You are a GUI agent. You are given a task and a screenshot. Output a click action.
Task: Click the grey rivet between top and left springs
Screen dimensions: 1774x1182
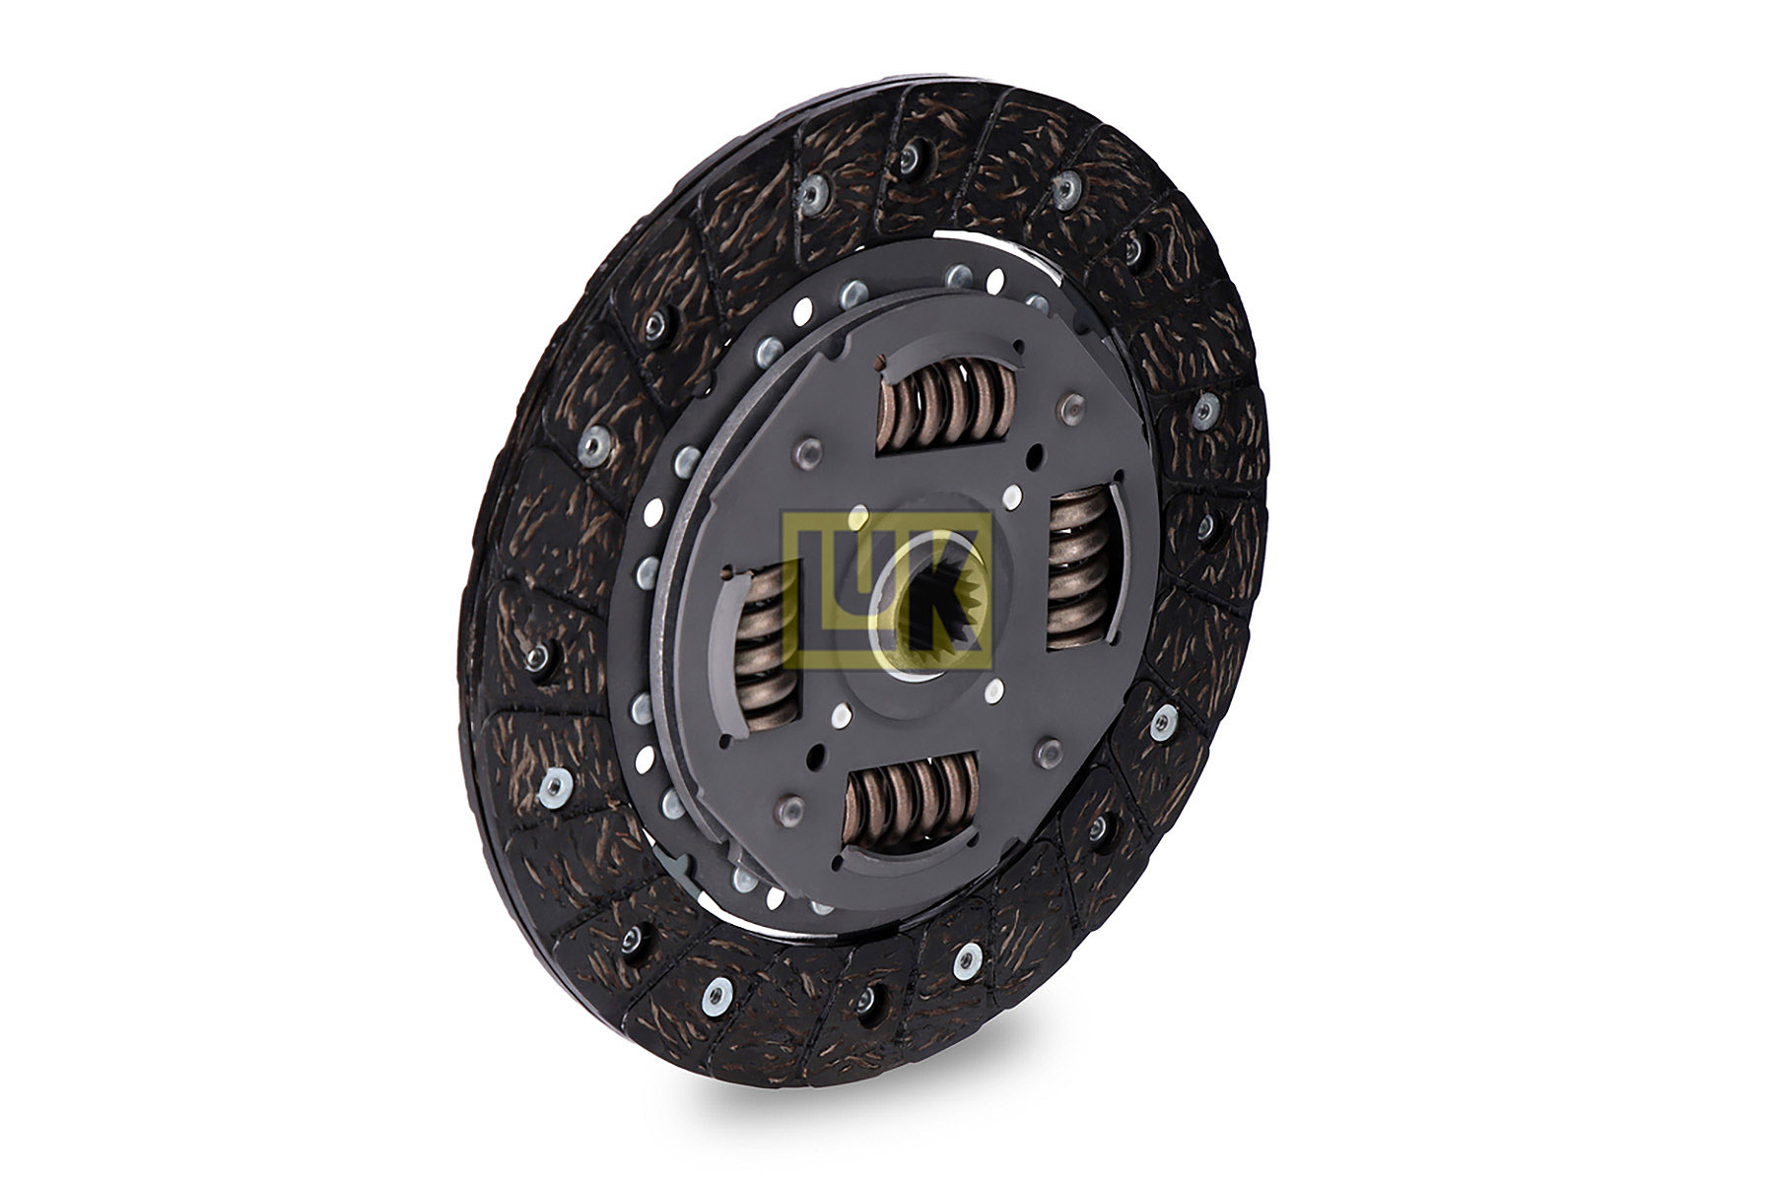point(809,452)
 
